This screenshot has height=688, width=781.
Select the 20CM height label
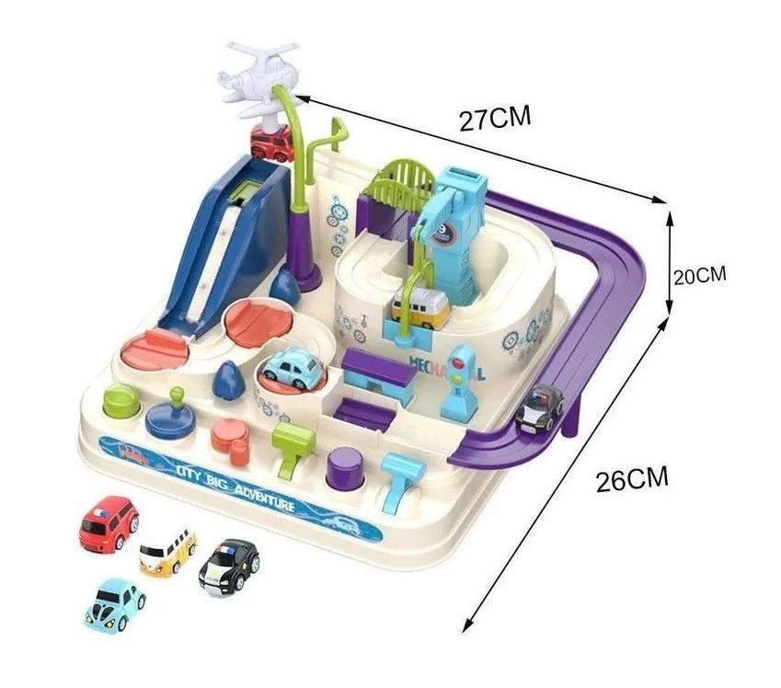699,275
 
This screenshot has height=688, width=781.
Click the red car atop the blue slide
271,143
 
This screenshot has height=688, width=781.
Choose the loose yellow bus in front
167,550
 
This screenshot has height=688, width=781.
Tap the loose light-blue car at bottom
116,603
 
